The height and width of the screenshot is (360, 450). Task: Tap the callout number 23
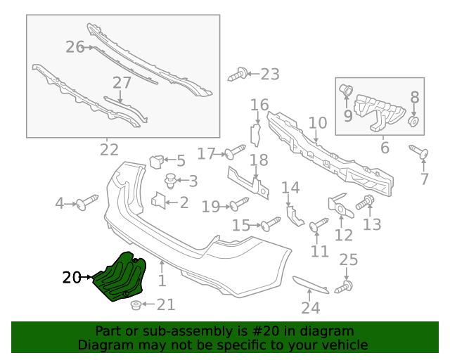point(269,73)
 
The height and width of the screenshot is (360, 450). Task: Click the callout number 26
point(75,47)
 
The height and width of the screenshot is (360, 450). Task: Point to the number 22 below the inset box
point(109,150)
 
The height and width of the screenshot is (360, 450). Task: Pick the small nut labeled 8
point(414,122)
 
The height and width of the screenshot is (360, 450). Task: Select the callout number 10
point(318,123)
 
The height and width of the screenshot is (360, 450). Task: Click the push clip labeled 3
point(169,181)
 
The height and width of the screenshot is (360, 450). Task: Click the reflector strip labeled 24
point(309,285)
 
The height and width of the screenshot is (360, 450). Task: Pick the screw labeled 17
point(234,152)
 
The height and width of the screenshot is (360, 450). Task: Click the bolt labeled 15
point(271,224)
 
